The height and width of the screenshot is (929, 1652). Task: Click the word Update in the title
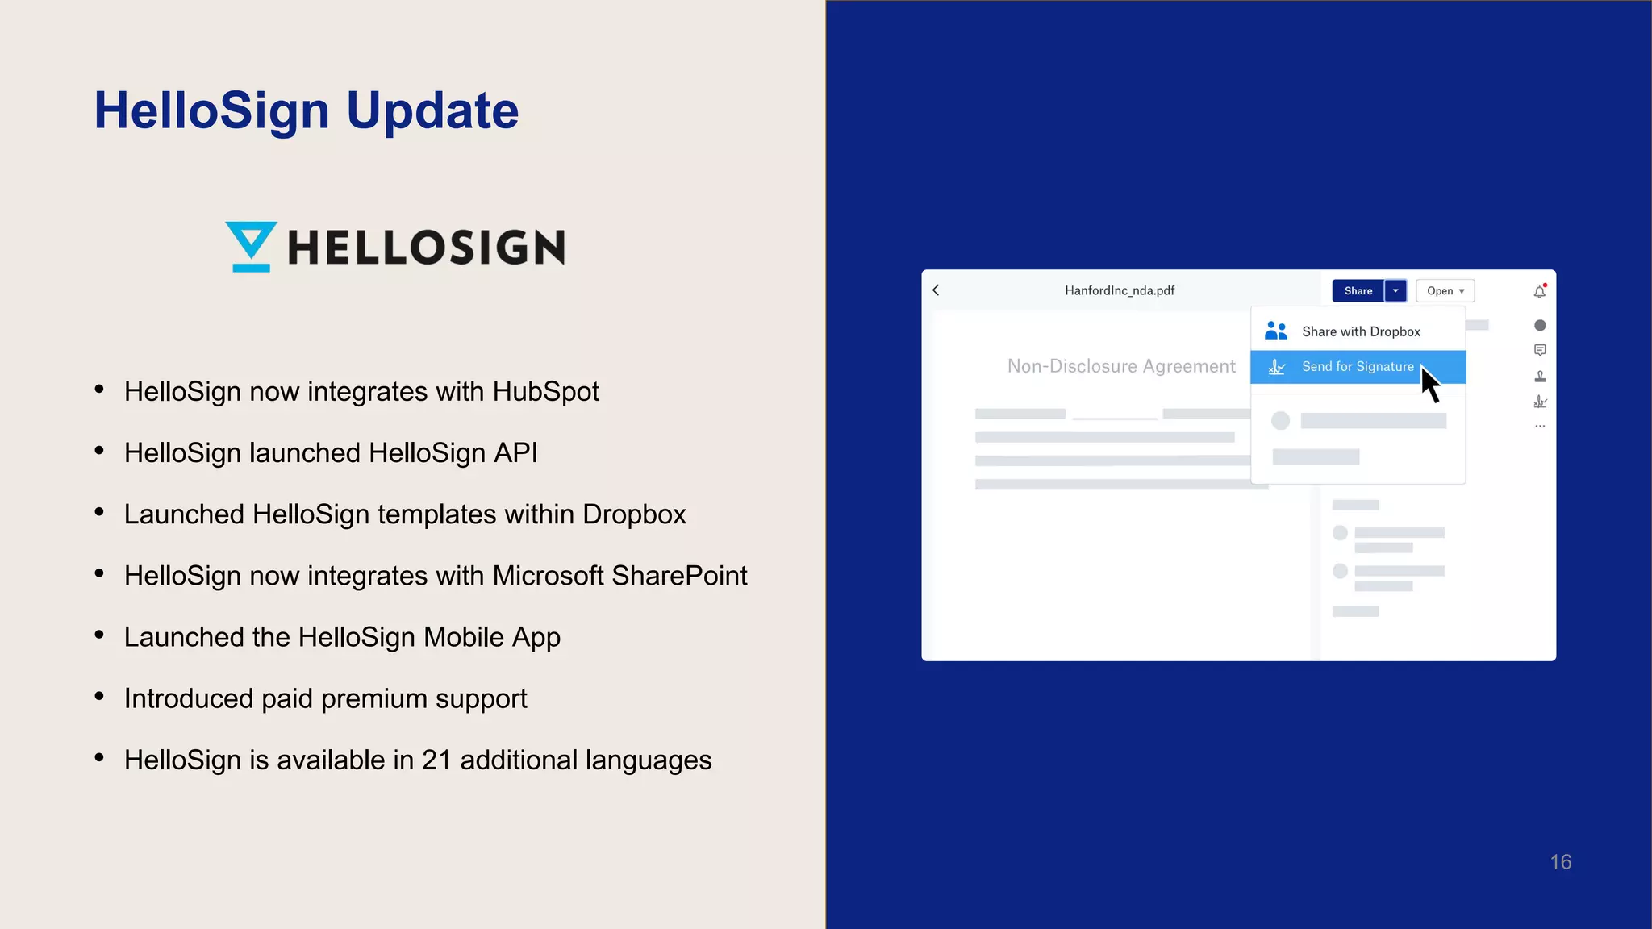click(x=432, y=110)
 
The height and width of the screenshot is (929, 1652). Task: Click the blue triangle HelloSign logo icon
click(x=251, y=246)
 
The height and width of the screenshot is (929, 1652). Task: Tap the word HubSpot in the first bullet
click(x=545, y=392)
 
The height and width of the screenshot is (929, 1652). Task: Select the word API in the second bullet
click(x=515, y=453)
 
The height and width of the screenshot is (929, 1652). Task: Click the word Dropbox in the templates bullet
click(x=634, y=514)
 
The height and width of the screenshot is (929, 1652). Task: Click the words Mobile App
click(x=492, y=637)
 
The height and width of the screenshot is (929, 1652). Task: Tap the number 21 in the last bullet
click(x=436, y=760)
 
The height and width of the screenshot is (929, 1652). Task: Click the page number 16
click(x=1560, y=862)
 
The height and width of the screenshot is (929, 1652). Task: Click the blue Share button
click(x=1358, y=291)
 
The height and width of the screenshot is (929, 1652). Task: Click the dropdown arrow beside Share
click(x=1395, y=291)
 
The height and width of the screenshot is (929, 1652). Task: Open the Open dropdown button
click(x=1445, y=291)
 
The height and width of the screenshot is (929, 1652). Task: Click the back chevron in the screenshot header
click(x=936, y=290)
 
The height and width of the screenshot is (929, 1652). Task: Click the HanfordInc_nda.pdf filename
click(x=1120, y=290)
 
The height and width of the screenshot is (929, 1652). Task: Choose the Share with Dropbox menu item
click(x=1360, y=331)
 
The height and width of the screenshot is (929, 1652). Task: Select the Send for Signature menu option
click(x=1357, y=367)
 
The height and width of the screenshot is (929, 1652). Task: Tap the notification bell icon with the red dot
click(x=1539, y=292)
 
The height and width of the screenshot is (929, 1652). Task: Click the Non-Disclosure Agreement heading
click(x=1121, y=366)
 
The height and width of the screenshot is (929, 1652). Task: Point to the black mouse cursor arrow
click(x=1430, y=385)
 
